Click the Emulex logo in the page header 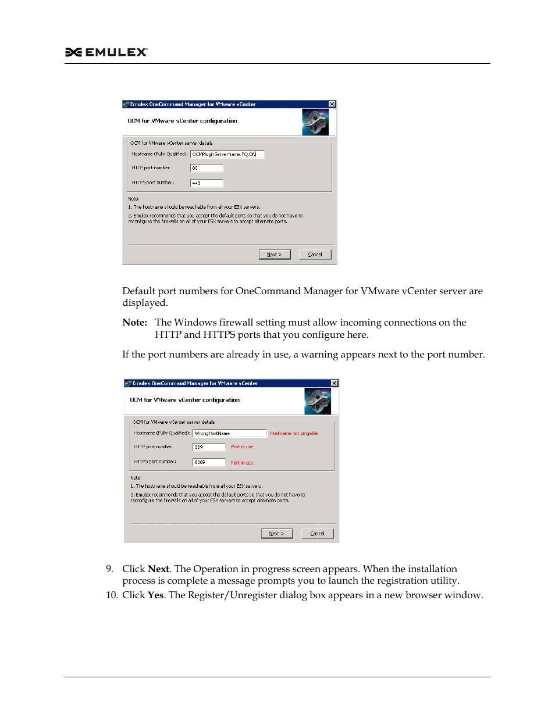coord(106,52)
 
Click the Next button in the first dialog coord(274,255)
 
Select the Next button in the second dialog coord(276,534)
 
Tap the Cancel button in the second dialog coord(317,534)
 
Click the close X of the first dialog coord(332,104)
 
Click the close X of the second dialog coord(335,383)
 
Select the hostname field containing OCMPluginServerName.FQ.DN coord(227,155)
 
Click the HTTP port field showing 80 coord(207,168)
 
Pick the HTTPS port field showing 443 coord(207,183)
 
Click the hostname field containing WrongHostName coord(229,434)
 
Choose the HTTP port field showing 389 coord(209,447)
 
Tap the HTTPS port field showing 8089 coord(209,462)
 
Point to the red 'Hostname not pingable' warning coord(294,434)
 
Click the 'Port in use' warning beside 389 coord(242,447)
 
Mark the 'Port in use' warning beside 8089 coord(242,463)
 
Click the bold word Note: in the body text coord(134,323)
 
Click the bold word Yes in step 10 coord(155,595)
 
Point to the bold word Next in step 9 coord(158,569)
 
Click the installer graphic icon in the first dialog coord(315,122)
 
